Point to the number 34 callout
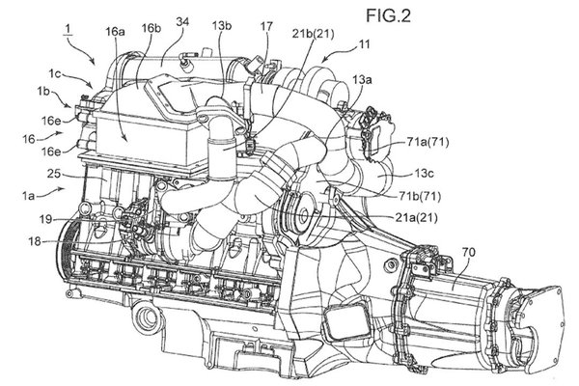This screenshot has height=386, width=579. (x=182, y=22)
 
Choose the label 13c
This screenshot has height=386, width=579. (x=421, y=176)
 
